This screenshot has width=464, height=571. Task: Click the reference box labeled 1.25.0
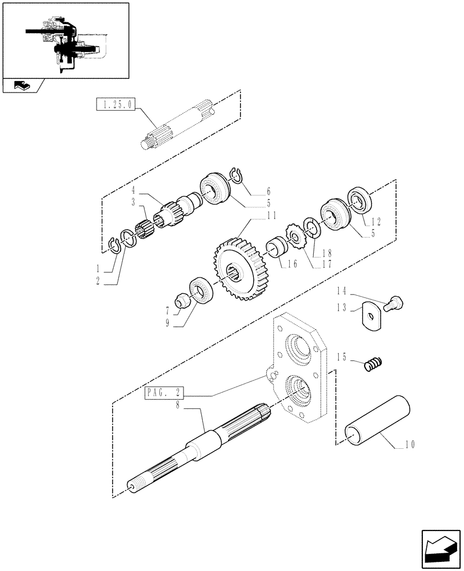pos(116,105)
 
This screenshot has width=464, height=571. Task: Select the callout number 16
pos(293,264)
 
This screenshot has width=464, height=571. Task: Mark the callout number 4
pos(134,190)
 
